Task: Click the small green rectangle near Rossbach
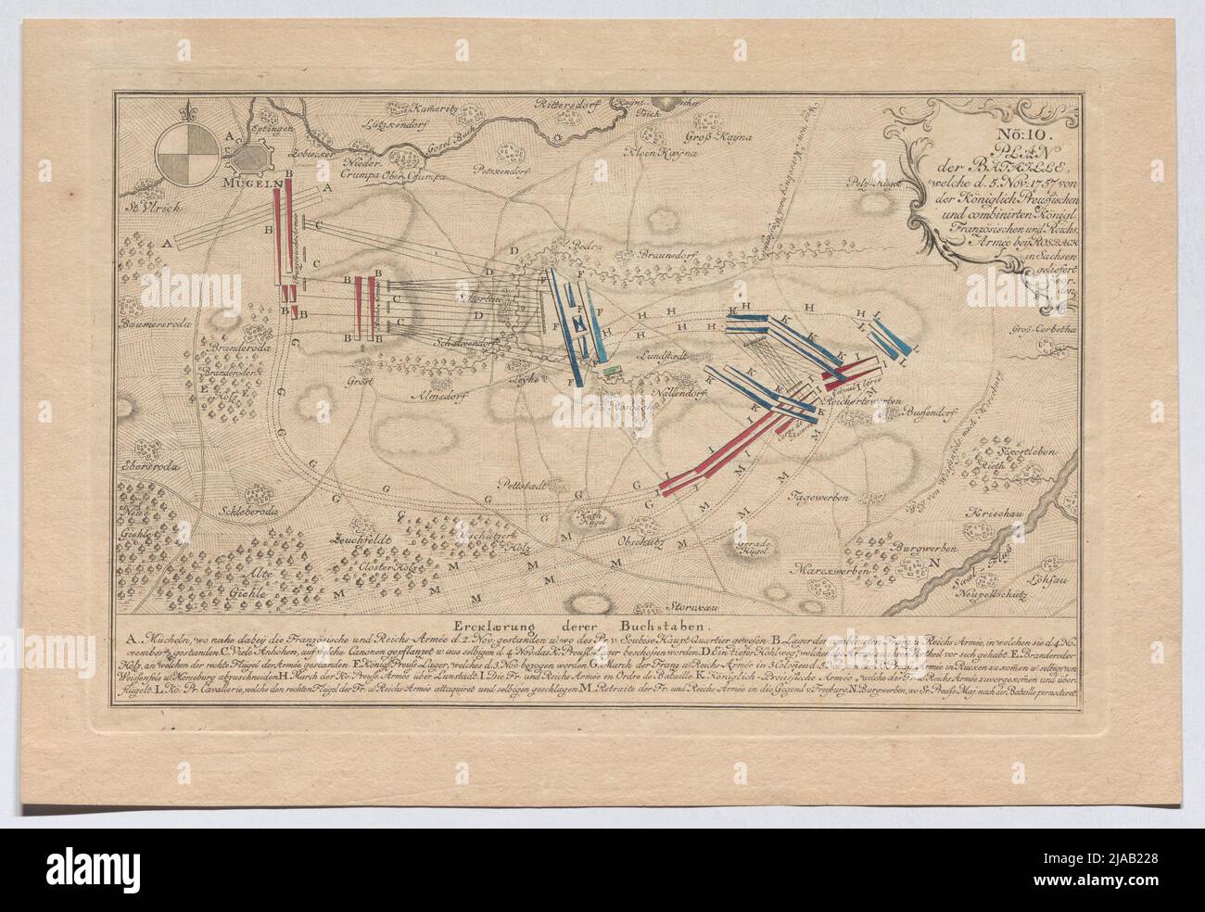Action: (x=608, y=372)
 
